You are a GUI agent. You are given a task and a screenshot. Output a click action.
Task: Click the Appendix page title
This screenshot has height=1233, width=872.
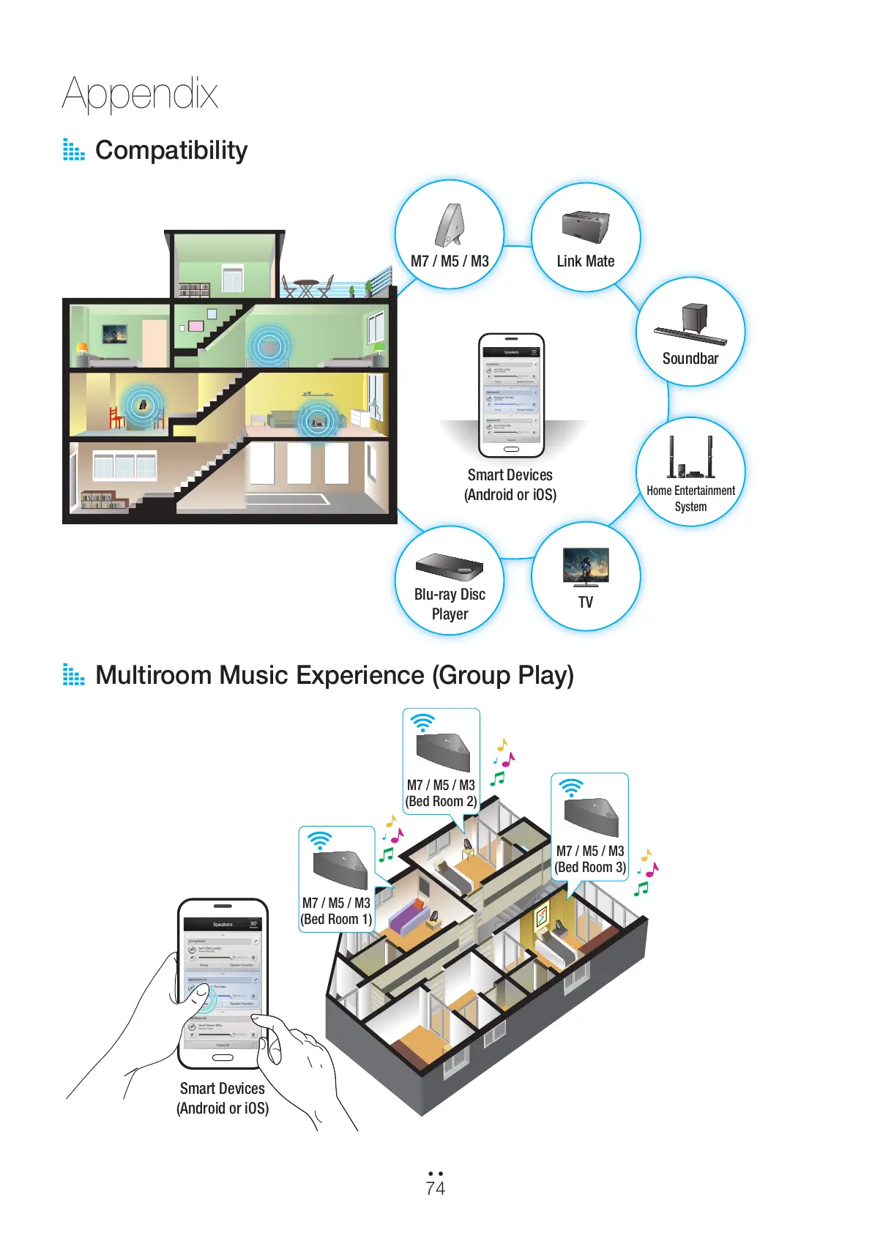pos(140,94)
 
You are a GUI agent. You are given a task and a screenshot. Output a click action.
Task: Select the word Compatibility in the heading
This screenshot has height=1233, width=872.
pos(171,150)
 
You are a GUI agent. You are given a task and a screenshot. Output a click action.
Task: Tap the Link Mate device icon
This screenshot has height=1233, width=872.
pos(585,227)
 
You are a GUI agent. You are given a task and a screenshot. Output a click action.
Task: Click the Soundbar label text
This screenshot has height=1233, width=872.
pos(690,359)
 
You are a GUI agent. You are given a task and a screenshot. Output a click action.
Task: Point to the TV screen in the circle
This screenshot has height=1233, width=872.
pos(586,565)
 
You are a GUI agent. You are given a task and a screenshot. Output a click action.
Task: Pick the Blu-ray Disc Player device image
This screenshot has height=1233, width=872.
pos(450,567)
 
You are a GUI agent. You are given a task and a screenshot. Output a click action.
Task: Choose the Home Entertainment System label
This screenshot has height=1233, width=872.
pos(690,499)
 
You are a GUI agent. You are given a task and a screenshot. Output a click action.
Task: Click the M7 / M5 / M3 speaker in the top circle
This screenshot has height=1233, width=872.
pos(450,226)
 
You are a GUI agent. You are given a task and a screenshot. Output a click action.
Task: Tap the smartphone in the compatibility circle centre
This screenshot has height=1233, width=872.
pos(511,396)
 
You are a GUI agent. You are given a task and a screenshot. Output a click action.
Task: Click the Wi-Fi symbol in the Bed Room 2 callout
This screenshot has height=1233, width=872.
pos(422,723)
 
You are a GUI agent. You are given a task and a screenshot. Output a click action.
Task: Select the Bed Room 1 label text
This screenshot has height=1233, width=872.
pos(336,920)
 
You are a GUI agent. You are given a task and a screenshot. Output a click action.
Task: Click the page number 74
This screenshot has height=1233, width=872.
pos(435,1188)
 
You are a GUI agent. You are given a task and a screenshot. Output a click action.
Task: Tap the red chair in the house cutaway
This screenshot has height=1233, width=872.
pos(117,417)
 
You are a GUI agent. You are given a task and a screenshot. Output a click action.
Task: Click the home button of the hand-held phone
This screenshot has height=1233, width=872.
pos(222,1057)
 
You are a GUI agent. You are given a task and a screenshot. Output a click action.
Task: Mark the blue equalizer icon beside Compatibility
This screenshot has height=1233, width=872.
pos(73,150)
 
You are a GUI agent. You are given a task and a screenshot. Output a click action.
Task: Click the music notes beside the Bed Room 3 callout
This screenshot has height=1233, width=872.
pos(646,871)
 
